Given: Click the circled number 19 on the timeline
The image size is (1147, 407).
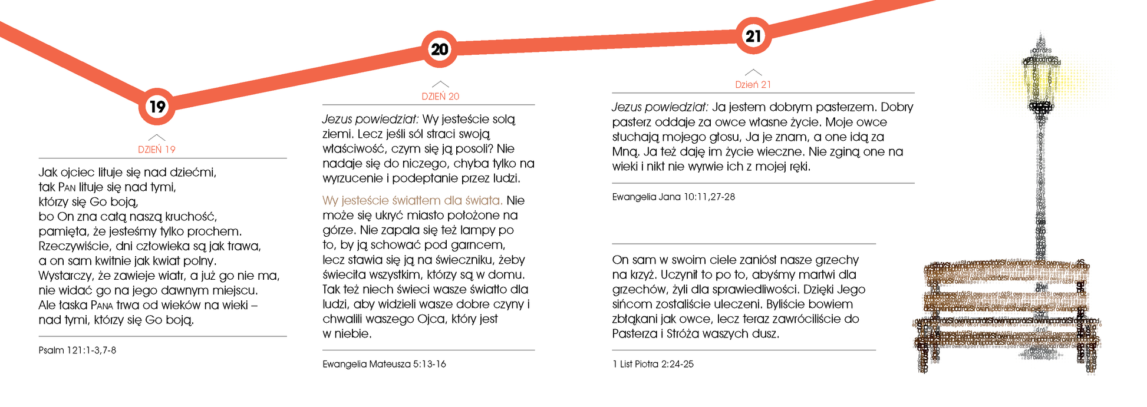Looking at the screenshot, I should (x=157, y=107).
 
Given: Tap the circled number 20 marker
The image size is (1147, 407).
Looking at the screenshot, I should (x=440, y=49).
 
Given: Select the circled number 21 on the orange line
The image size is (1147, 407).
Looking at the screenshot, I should (x=753, y=36).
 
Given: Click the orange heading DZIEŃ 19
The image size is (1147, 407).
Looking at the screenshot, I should (x=157, y=150).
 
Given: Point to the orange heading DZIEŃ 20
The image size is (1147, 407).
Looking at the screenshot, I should (x=440, y=97).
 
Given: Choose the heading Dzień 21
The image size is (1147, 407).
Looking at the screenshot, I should (x=753, y=85).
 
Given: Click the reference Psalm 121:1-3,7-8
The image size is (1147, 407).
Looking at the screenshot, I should (x=77, y=350).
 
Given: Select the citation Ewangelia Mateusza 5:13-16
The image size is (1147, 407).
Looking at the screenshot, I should (x=384, y=365).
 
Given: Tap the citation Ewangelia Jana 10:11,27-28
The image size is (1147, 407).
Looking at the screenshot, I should (x=673, y=197).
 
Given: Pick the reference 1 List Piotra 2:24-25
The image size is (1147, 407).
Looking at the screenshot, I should (x=653, y=365).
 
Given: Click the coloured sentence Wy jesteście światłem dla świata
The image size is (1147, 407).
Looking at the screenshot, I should (x=412, y=201).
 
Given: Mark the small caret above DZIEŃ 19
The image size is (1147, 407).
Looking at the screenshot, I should (x=157, y=137).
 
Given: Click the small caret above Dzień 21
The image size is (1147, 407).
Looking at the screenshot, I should (x=753, y=72).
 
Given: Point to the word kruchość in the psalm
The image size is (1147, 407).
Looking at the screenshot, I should (x=190, y=217).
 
